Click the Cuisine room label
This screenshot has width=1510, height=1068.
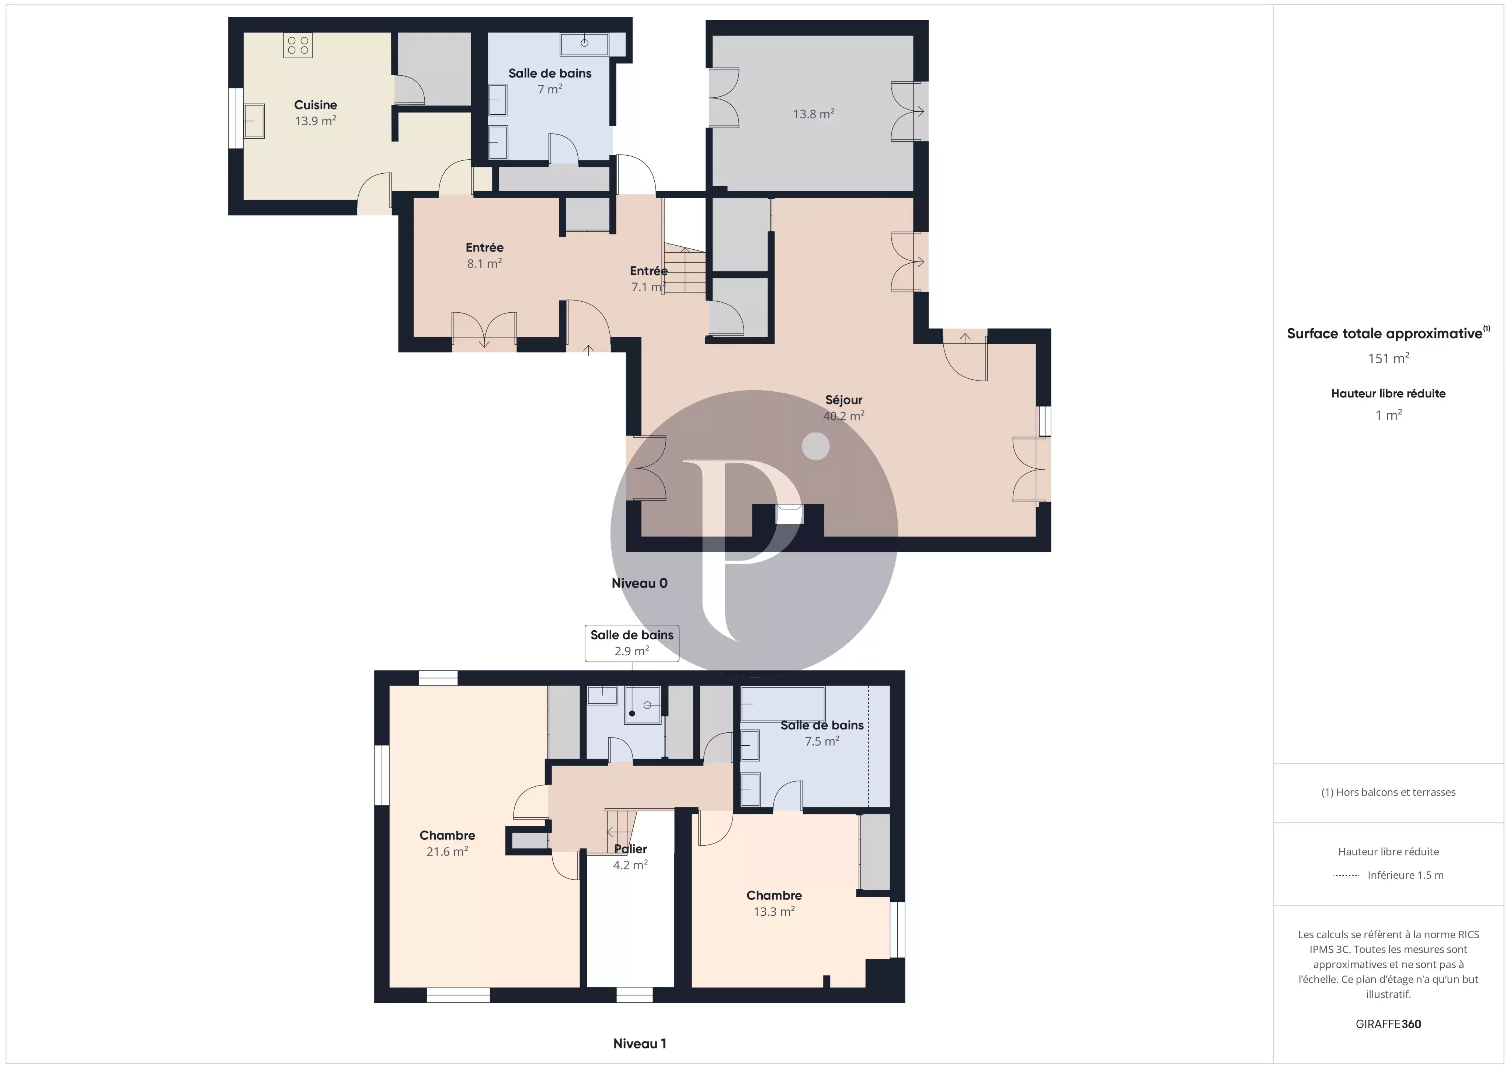[x=315, y=105]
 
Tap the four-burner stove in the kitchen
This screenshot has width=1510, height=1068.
[x=298, y=45]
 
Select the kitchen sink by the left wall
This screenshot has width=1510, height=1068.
[x=254, y=121]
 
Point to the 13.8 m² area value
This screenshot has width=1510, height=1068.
[x=814, y=114]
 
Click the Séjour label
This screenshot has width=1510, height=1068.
[x=844, y=399]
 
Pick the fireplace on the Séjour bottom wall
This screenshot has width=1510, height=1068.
[x=789, y=514]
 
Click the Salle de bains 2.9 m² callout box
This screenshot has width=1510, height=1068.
[x=632, y=643]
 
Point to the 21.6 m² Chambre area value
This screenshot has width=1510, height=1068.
[x=447, y=852]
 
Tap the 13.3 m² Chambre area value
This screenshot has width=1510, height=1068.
[x=774, y=911]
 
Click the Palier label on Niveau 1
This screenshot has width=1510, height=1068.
[x=630, y=849]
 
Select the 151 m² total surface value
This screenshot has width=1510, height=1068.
[x=1388, y=358]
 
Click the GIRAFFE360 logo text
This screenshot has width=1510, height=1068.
[x=1388, y=1024]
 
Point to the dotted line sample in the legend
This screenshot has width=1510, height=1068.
[x=1346, y=875]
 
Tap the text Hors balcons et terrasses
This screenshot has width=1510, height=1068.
[x=1388, y=792]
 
